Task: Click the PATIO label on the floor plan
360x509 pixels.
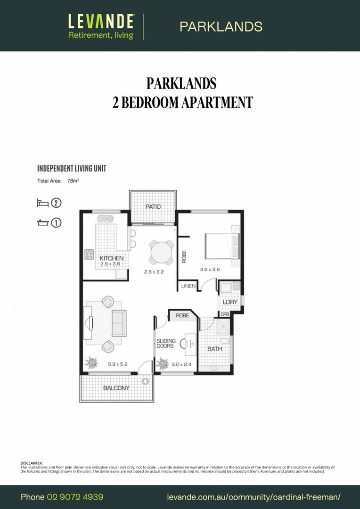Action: [153, 206]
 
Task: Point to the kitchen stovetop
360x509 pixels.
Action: [89, 254]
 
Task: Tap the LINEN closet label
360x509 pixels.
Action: [188, 286]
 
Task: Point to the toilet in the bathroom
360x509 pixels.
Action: [226, 340]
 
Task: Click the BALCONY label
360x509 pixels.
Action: [116, 388]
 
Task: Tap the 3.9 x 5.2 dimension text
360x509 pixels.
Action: [118, 364]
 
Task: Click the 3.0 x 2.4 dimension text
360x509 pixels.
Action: [181, 364]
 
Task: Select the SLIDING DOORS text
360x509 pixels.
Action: [166, 344]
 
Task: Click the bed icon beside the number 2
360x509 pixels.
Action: [43, 203]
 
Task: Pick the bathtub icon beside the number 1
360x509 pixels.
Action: [43, 222]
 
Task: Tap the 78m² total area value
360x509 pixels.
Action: [73, 181]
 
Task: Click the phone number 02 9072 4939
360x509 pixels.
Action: [75, 497]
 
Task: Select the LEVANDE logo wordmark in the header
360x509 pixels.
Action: [101, 21]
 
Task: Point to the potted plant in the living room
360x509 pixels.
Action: [91, 362]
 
